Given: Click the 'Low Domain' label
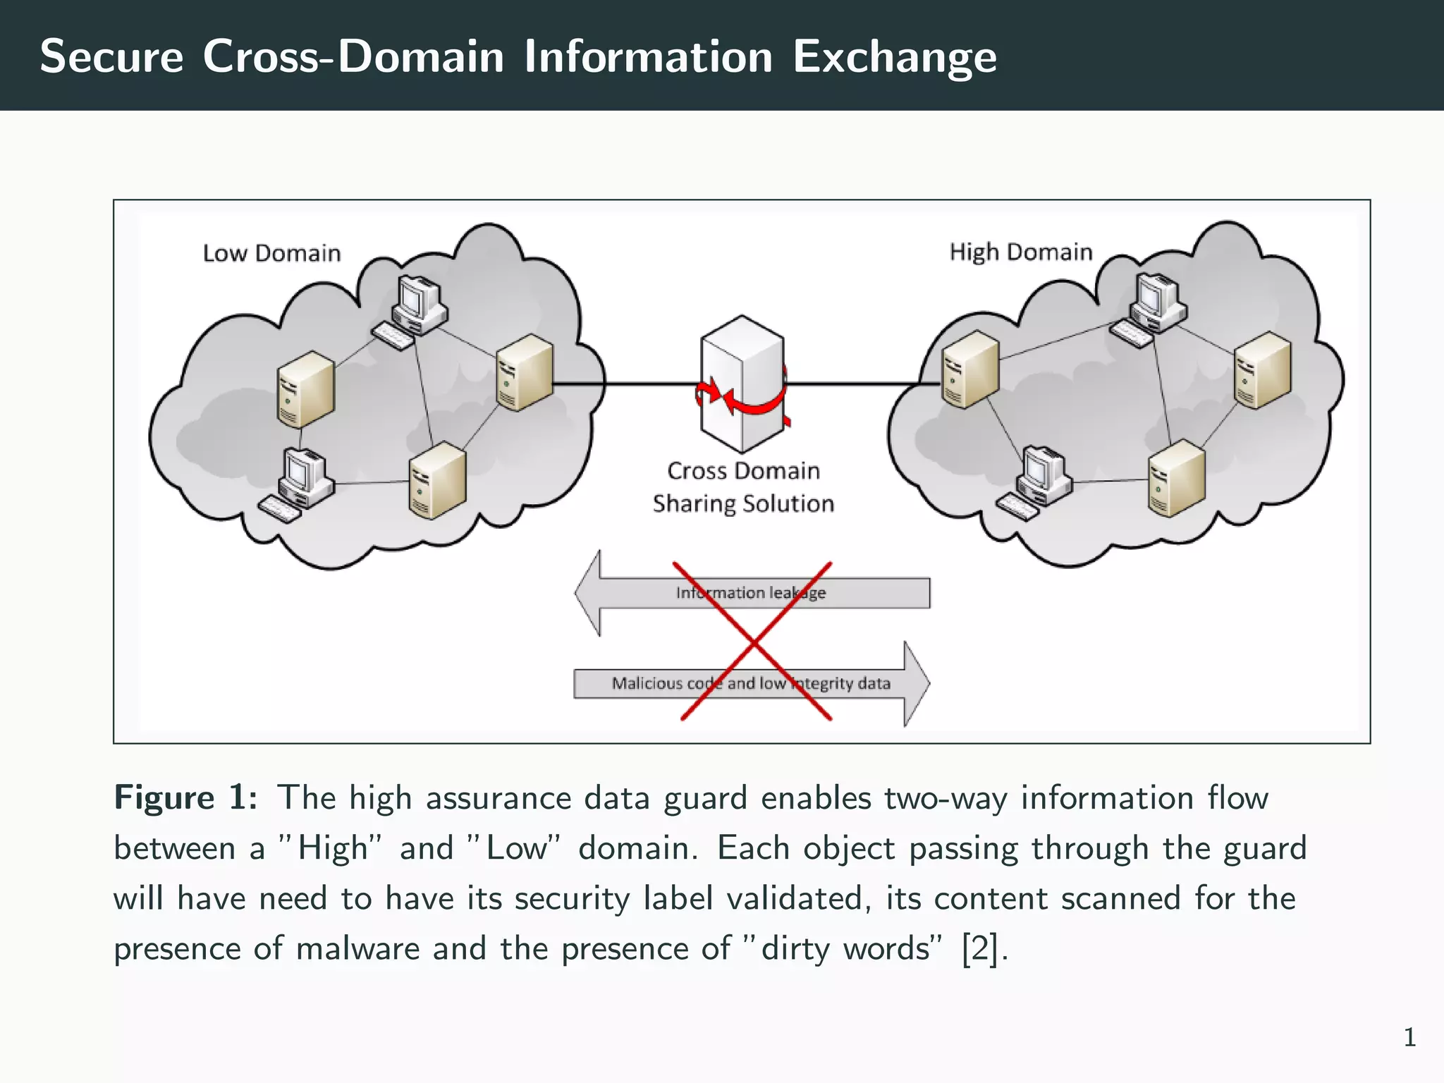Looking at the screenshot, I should click(271, 253).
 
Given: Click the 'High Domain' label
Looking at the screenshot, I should click(1020, 252).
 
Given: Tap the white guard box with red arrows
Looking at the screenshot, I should click(742, 384).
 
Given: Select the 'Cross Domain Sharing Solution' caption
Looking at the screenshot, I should click(743, 487).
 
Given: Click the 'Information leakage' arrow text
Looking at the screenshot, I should click(750, 593).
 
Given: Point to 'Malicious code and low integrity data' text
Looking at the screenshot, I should click(750, 683).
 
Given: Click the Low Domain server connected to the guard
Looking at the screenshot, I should click(525, 372).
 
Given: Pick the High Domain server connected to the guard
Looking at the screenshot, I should click(970, 369).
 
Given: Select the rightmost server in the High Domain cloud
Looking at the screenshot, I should click(1262, 371).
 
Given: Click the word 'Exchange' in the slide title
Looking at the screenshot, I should click(894, 56).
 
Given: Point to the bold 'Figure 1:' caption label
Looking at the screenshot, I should click(185, 798).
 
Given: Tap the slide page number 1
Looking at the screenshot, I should click(1409, 1037).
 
